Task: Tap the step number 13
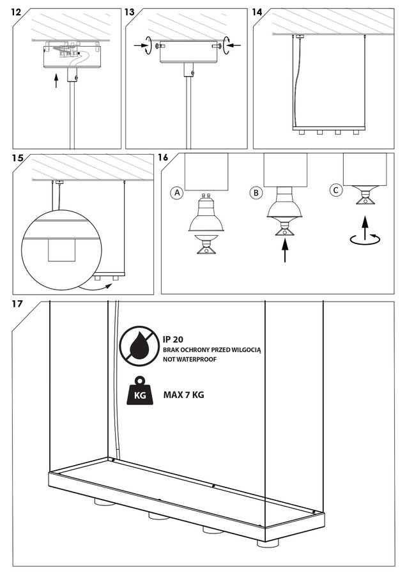[x=130, y=13]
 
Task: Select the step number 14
[x=258, y=13]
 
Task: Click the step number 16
[x=164, y=158]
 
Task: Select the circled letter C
[x=337, y=190]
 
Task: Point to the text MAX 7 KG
[x=183, y=395]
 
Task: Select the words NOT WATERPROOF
[x=190, y=360]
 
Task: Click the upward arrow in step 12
[x=56, y=80]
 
